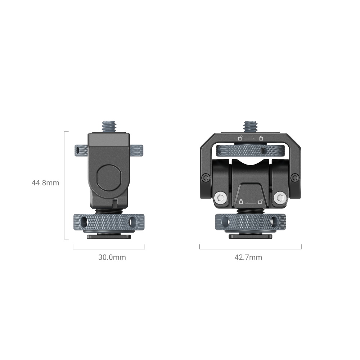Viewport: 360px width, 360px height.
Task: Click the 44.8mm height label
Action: click(x=45, y=183)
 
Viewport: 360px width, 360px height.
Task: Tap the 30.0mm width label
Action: click(x=112, y=257)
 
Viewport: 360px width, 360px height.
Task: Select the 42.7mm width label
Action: click(x=248, y=257)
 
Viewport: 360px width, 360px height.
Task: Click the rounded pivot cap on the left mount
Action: click(x=109, y=178)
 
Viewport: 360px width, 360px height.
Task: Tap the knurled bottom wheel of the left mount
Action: click(x=108, y=223)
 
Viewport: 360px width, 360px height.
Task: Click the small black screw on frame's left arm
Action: click(x=205, y=177)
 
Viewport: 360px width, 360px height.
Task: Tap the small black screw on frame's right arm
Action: click(x=295, y=177)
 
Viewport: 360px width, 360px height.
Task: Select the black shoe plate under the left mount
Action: click(x=108, y=237)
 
